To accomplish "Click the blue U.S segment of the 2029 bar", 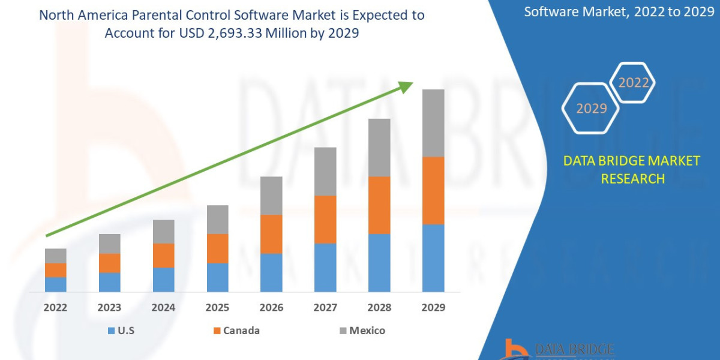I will [x=433, y=258].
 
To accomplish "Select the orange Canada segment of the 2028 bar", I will [x=379, y=205].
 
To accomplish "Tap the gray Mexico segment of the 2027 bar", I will [x=325, y=172].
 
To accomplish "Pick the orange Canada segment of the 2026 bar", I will [x=271, y=234].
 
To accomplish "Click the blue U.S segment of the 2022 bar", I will [x=56, y=284].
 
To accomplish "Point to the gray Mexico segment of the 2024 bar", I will [x=163, y=232].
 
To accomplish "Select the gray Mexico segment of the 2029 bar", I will [x=433, y=123].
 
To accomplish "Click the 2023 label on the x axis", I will [x=109, y=308].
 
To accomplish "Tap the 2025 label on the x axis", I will [x=217, y=308].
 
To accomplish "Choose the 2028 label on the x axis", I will [x=379, y=308].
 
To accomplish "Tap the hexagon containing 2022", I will [x=633, y=83].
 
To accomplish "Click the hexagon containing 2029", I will [x=591, y=109].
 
